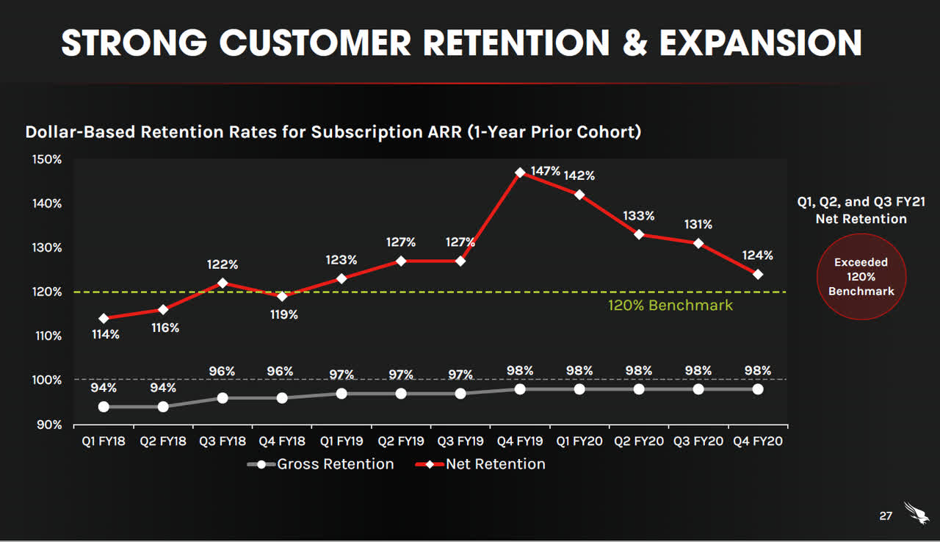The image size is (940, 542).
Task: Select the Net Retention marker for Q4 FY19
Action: tap(520, 173)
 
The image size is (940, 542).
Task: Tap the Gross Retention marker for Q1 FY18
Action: tap(104, 407)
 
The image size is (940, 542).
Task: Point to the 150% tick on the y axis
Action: tap(47, 159)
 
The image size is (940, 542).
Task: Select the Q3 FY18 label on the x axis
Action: tap(222, 441)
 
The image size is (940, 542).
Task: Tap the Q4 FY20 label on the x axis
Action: tap(757, 441)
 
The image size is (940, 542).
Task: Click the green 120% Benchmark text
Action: tap(670, 305)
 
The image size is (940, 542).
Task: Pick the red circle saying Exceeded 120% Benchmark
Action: tap(861, 277)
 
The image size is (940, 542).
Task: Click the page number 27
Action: tap(886, 516)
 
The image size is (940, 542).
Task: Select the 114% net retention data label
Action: tap(106, 335)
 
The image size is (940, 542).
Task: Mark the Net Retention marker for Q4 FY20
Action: tap(758, 274)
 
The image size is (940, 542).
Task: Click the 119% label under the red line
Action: tap(283, 314)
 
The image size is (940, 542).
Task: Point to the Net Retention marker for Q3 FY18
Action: tap(223, 283)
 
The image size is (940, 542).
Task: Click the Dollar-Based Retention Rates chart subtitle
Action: tap(333, 132)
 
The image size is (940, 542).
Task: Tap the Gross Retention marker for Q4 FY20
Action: tap(758, 389)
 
